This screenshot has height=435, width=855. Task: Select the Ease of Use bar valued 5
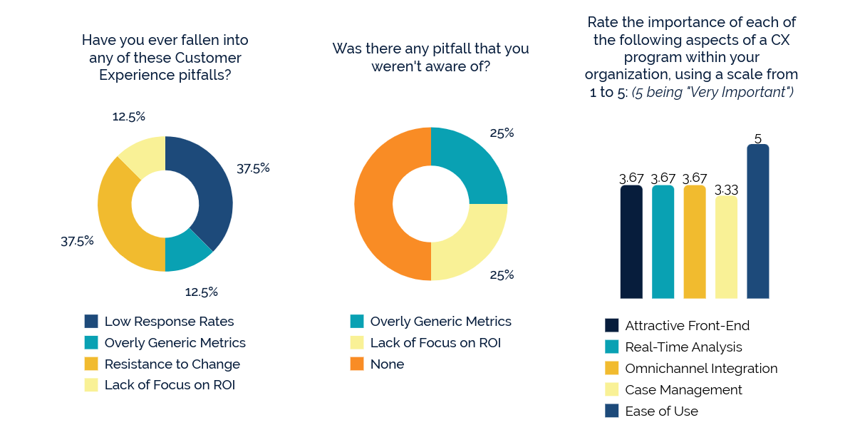(x=757, y=221)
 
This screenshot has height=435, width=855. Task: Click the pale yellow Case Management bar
(x=726, y=247)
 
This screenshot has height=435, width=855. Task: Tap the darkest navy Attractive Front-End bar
(x=631, y=242)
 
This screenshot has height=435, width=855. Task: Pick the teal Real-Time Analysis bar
(x=663, y=242)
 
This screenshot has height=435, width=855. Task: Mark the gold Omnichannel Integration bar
(x=694, y=242)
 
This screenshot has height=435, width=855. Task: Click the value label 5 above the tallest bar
(x=757, y=138)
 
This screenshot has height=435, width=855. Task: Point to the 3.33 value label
(x=726, y=190)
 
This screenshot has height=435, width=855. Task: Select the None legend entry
(x=387, y=364)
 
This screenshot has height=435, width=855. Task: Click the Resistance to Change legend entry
(x=172, y=364)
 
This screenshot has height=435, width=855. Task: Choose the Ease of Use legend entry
(x=661, y=411)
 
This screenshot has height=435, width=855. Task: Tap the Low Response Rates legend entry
(x=169, y=322)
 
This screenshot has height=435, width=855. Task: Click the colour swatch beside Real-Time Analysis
(x=612, y=347)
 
